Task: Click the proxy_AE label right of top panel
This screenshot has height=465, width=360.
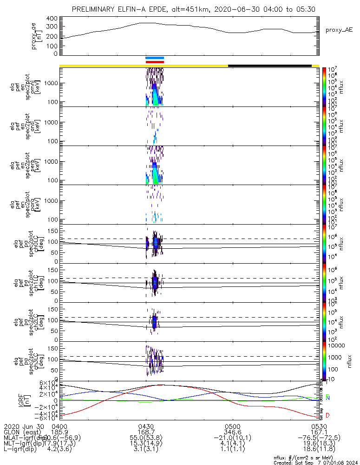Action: click(x=339, y=30)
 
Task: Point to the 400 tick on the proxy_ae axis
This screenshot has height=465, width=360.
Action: click(x=52, y=19)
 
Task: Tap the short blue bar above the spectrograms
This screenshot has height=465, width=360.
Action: click(x=155, y=58)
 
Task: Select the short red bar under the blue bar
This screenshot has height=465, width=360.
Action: click(x=155, y=61)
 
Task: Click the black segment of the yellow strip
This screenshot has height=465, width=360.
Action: click(x=269, y=66)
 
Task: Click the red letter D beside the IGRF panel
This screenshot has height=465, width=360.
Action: click(x=328, y=415)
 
